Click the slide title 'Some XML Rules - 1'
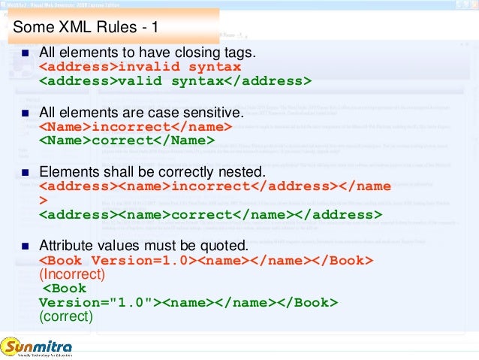86,29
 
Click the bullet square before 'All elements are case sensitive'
24,113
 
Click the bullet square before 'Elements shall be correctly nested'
24,171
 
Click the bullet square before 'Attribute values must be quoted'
24,245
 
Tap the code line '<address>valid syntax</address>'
175,81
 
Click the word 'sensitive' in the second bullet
218,113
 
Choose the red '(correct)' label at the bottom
66,316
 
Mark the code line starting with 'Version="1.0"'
188,302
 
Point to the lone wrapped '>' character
43,201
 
